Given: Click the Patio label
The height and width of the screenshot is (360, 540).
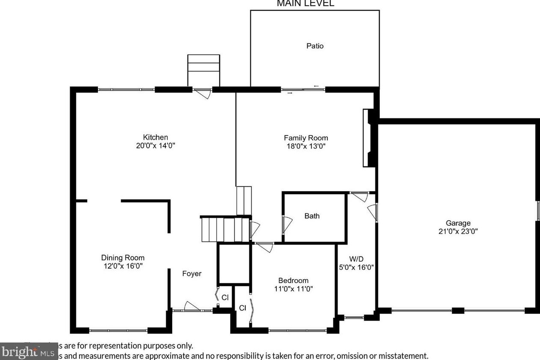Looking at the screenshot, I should click(315, 46).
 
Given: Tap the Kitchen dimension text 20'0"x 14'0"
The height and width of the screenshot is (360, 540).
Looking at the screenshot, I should click(155, 145).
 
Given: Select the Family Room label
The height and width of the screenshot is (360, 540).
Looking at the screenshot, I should click(306, 138).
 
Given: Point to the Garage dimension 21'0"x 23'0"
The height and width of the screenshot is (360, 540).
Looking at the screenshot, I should click(458, 231).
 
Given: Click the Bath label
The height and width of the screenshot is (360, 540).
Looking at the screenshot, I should click(312, 216).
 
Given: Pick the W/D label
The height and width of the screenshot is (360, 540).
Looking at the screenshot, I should click(356, 259).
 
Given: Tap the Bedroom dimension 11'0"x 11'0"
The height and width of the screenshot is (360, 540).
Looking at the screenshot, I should click(293, 289).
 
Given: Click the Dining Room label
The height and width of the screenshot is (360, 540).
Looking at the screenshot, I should click(123, 257).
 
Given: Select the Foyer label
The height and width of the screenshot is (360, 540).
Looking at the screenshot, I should click(192, 274).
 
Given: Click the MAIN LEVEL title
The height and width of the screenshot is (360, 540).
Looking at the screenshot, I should click(305, 4).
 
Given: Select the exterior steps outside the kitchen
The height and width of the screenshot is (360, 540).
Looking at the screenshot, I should click(204, 70).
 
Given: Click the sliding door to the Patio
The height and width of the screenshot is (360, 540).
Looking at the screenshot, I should click(303, 89).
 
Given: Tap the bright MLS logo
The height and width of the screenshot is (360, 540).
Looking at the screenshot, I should click(29, 352).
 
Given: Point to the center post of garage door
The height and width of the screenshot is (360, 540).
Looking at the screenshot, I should click(458, 310).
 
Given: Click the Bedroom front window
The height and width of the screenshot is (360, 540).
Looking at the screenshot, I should click(297, 330).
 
